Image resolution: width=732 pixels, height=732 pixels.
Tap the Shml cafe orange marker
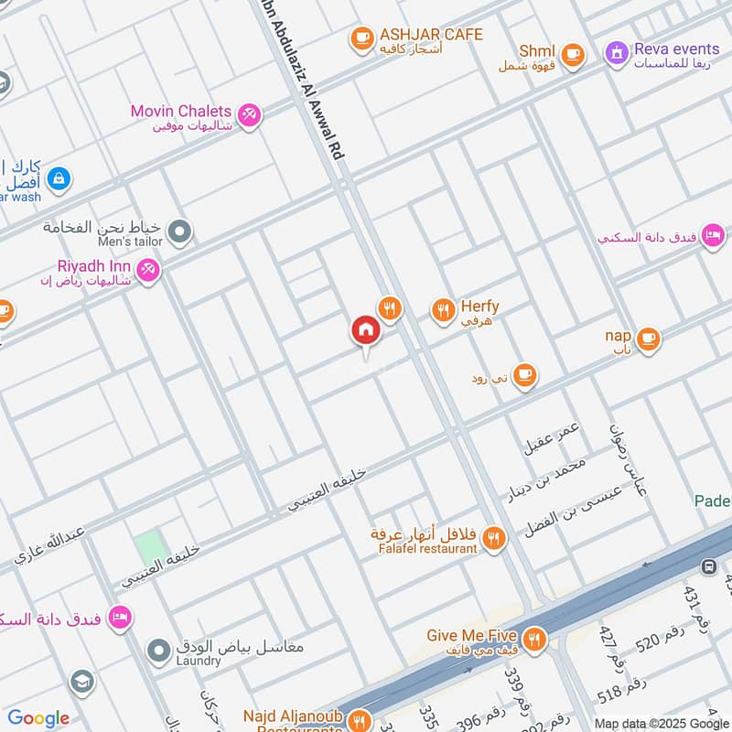[573, 55]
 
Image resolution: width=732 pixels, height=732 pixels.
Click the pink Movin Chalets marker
[248, 114]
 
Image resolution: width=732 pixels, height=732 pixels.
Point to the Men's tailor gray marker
[180, 231]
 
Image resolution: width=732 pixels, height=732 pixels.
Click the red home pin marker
[365, 330]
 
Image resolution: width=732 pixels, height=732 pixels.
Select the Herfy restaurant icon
[443, 311]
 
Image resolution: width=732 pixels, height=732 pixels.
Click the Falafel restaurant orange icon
[494, 539]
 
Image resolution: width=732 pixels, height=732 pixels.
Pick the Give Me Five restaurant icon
[535, 639]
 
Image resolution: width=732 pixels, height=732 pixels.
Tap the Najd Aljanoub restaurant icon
[358, 718]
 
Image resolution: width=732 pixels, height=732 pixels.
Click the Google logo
[38, 718]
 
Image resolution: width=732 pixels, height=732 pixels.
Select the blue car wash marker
[59, 178]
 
